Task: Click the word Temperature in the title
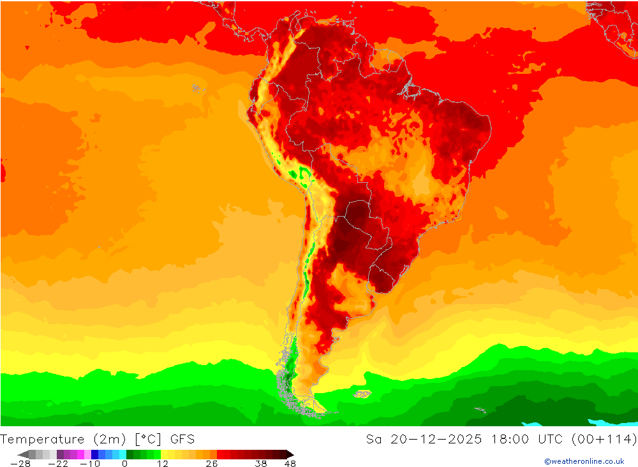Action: (x=43, y=439)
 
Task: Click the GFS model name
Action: (x=182, y=439)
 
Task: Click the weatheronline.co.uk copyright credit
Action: (x=584, y=461)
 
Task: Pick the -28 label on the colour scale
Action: (x=20, y=464)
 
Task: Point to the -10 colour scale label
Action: (x=90, y=464)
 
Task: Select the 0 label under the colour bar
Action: (x=124, y=464)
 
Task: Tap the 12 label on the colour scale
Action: (x=163, y=464)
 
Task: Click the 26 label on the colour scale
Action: (x=212, y=464)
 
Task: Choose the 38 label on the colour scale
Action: (x=260, y=464)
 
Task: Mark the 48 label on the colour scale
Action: (x=290, y=464)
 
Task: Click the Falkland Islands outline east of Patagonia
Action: (x=362, y=394)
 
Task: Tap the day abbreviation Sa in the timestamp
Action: (x=374, y=439)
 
